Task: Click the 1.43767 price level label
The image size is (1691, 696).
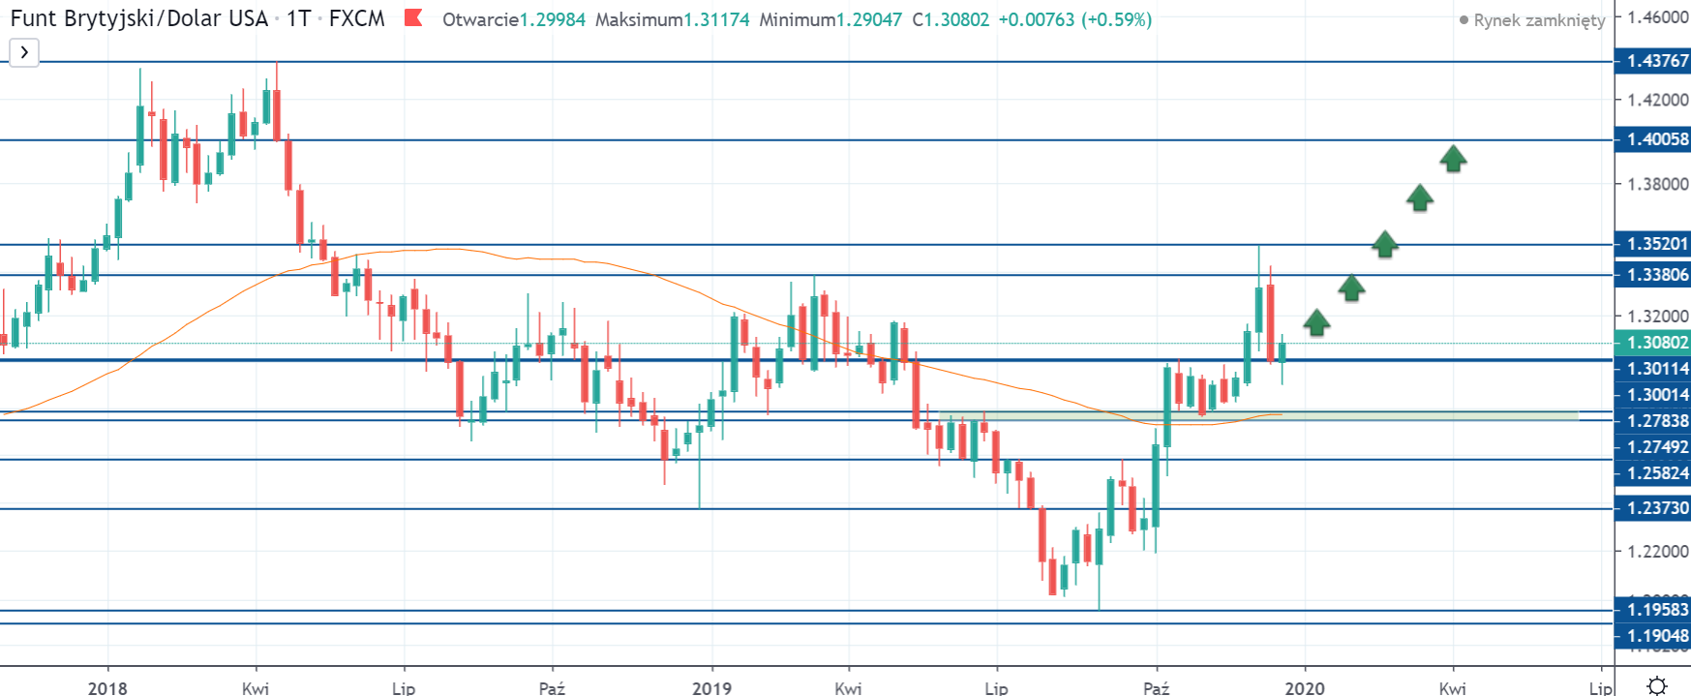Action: pos(1656,61)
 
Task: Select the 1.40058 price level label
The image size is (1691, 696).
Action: pos(1656,139)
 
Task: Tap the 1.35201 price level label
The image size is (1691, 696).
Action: pos(1656,244)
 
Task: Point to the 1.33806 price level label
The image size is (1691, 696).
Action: pos(1656,275)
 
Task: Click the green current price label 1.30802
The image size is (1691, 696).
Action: pos(1656,343)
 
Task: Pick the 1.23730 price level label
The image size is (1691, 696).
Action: pos(1656,508)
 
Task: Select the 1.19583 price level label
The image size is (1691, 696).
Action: pos(1656,610)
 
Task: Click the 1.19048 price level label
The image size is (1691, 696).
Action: pos(1656,636)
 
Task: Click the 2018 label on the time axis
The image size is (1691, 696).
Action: pos(107,687)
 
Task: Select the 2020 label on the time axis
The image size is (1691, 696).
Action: pos(1305,687)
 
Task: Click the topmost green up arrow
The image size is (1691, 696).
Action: pos(1453,159)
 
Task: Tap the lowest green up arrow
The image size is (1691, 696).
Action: pos(1316,322)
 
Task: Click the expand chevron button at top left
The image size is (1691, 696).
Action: pos(24,52)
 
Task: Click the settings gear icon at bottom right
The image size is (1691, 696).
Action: pos(1657,685)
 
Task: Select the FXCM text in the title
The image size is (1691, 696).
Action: pos(356,19)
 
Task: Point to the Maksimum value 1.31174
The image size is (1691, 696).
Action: pos(716,19)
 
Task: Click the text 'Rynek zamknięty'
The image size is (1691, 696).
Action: pos(1539,20)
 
